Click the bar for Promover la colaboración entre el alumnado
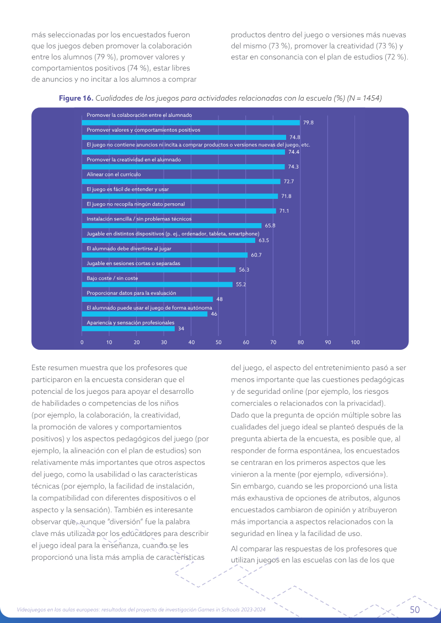click(x=191, y=123)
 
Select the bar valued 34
click(x=128, y=329)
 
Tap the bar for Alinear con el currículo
click(x=181, y=182)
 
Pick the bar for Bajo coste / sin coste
click(x=157, y=284)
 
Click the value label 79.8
click(x=308, y=123)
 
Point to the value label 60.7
click(x=256, y=255)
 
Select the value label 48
click(x=219, y=299)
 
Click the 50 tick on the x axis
click(x=219, y=342)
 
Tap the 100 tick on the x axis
click(x=355, y=342)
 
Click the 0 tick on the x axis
click(x=82, y=342)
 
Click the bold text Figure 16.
click(x=76, y=98)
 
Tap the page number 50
click(x=415, y=610)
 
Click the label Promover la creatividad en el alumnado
click(x=133, y=160)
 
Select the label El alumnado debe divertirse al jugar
click(x=129, y=249)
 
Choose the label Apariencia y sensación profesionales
click(x=131, y=323)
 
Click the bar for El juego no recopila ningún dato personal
click(x=179, y=211)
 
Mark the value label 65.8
click(x=270, y=226)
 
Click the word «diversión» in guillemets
click(x=370, y=474)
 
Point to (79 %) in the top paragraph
click(x=106, y=57)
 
